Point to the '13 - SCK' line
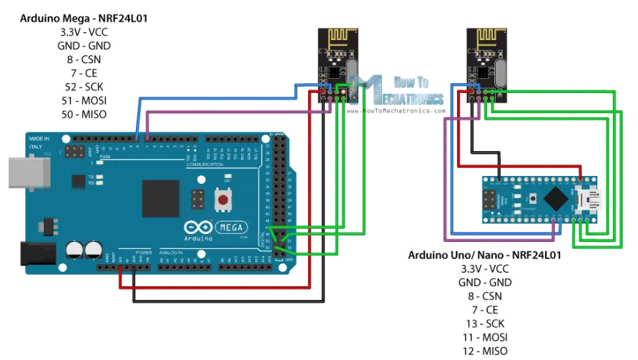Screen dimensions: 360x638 (x=485, y=323)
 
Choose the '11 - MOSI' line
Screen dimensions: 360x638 (x=485, y=336)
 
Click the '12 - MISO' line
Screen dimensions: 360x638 (x=485, y=350)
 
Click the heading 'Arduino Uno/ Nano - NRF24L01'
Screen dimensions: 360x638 (x=484, y=255)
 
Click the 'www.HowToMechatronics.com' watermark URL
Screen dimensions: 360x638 (x=397, y=111)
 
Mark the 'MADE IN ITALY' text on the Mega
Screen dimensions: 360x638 (x=39, y=142)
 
